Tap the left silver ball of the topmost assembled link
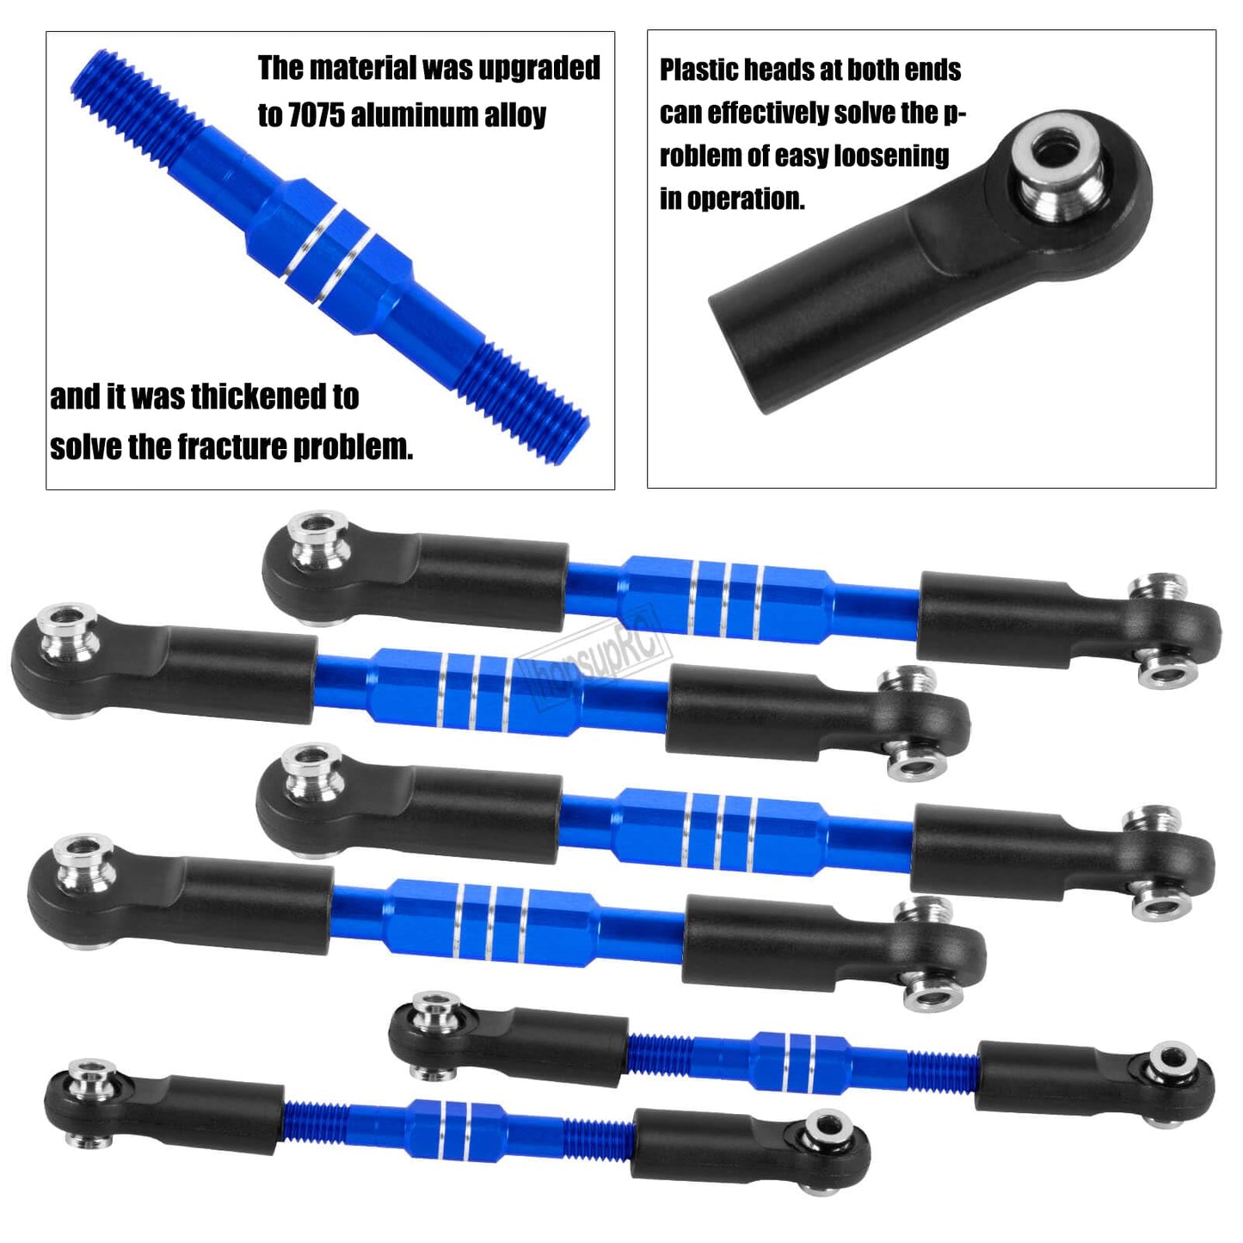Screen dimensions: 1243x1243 coord(318,543)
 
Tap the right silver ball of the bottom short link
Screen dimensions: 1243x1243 coord(828,1128)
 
